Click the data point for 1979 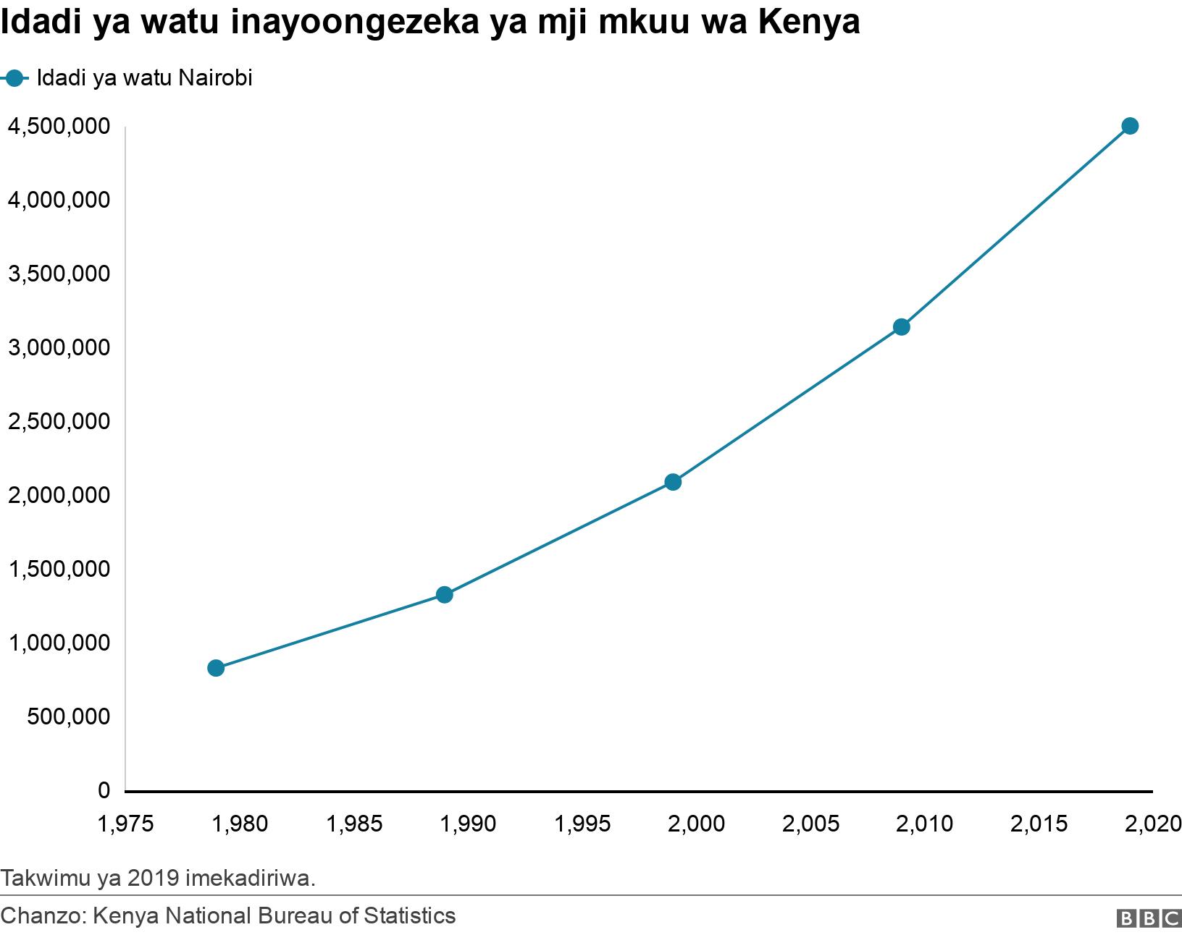216,668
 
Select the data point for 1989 445,595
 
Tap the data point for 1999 673,482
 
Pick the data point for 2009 901,327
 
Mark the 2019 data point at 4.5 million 1130,126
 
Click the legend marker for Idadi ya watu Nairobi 14,78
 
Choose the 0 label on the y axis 104,790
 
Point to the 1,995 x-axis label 583,824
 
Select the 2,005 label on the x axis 811,824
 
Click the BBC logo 1148,918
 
